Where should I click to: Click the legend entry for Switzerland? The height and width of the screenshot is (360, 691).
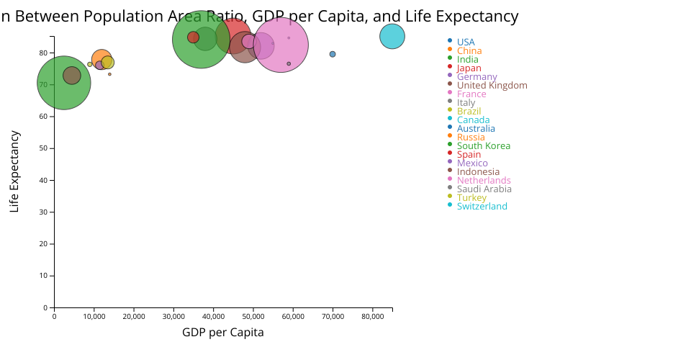tap(482, 207)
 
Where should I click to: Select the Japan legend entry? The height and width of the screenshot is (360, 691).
tap(469, 68)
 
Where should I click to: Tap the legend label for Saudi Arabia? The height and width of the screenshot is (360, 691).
tap(484, 189)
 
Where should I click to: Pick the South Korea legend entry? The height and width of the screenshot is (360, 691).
tap(484, 146)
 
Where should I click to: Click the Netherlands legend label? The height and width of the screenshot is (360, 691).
tap(484, 181)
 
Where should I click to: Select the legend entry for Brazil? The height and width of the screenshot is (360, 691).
tap(469, 112)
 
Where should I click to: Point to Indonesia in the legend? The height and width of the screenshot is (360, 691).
tap(478, 172)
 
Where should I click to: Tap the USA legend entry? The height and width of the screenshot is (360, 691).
tap(466, 42)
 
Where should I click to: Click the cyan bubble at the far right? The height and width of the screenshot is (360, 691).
tap(392, 36)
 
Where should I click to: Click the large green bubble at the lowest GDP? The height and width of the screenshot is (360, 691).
tap(63, 83)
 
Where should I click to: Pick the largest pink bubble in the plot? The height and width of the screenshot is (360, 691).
tap(281, 45)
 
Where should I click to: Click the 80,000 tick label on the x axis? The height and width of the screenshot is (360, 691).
tap(372, 315)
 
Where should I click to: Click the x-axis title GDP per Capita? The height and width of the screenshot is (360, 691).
tap(223, 333)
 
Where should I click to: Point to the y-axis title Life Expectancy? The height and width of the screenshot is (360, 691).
tap(14, 171)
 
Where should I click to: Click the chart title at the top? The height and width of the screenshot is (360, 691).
tap(259, 17)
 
